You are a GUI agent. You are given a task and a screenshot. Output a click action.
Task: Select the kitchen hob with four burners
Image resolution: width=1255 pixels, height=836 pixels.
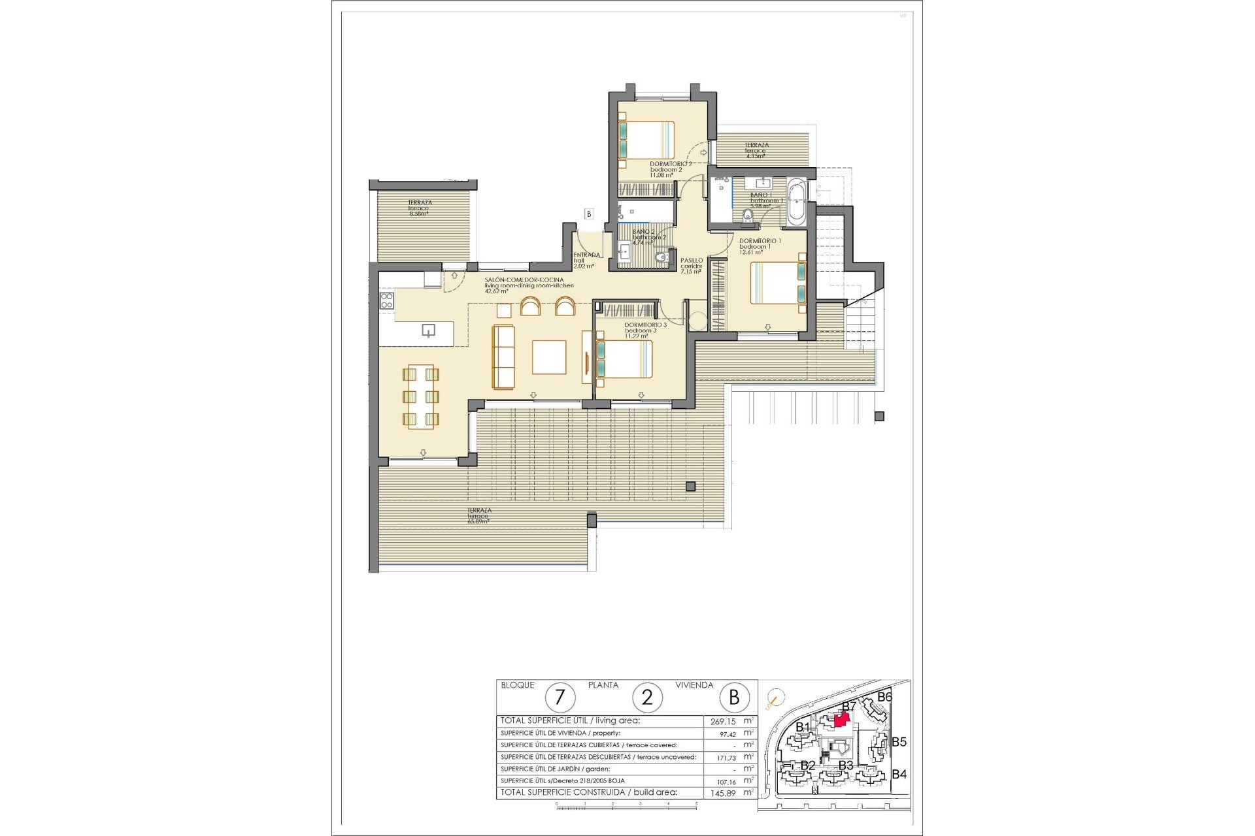point(386,301)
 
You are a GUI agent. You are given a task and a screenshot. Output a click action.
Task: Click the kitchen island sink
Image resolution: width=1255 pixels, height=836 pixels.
point(428,330)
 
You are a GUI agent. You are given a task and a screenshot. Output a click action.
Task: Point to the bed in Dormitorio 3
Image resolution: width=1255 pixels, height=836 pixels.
point(624,359)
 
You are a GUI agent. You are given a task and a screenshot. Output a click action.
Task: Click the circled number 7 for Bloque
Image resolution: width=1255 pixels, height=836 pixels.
point(560,698)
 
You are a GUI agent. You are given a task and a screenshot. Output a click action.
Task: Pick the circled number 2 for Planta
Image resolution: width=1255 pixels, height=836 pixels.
point(647,698)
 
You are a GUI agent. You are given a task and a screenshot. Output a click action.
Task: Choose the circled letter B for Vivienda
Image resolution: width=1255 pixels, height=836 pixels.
point(734,698)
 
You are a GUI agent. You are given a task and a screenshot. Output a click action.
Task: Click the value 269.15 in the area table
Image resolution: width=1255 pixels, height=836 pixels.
point(722,722)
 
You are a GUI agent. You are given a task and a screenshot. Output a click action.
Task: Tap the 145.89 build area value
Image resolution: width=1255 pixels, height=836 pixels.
point(722,792)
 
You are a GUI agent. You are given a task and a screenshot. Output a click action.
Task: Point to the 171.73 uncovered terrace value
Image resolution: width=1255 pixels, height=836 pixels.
point(722,757)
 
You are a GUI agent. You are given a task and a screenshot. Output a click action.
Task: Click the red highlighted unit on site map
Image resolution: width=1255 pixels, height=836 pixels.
point(842,719)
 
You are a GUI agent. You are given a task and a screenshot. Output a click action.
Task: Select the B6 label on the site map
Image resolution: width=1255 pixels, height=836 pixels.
point(884,697)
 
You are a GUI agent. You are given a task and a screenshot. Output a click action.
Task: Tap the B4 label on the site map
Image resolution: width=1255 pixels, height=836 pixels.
point(899,775)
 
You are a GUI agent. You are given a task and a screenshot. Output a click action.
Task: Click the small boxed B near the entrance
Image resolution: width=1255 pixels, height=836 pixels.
point(589,214)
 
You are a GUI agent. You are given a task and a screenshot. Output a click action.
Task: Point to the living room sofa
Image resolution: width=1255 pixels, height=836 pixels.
point(503,357)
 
